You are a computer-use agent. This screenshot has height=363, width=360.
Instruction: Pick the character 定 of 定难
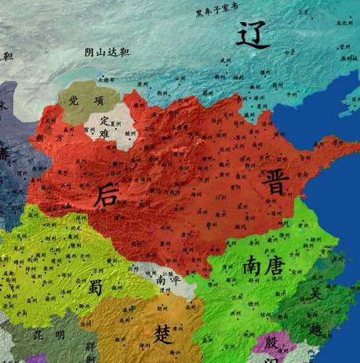point(105,120)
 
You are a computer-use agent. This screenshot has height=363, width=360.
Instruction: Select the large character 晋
point(278,183)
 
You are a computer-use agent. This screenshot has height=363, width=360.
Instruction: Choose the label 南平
point(167,279)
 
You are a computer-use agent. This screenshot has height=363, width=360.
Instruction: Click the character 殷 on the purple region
point(271,343)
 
